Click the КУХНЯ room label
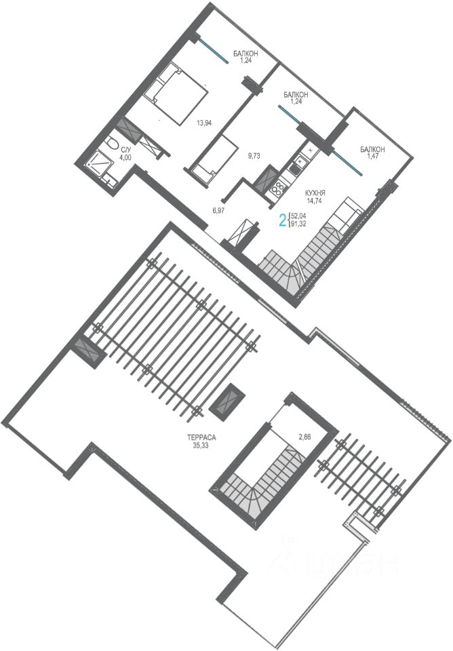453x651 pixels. point(315,193)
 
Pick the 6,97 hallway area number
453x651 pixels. point(218,210)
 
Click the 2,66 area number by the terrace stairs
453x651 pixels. point(304,436)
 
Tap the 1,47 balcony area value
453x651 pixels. point(372,156)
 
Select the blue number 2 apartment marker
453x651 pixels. point(283,220)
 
